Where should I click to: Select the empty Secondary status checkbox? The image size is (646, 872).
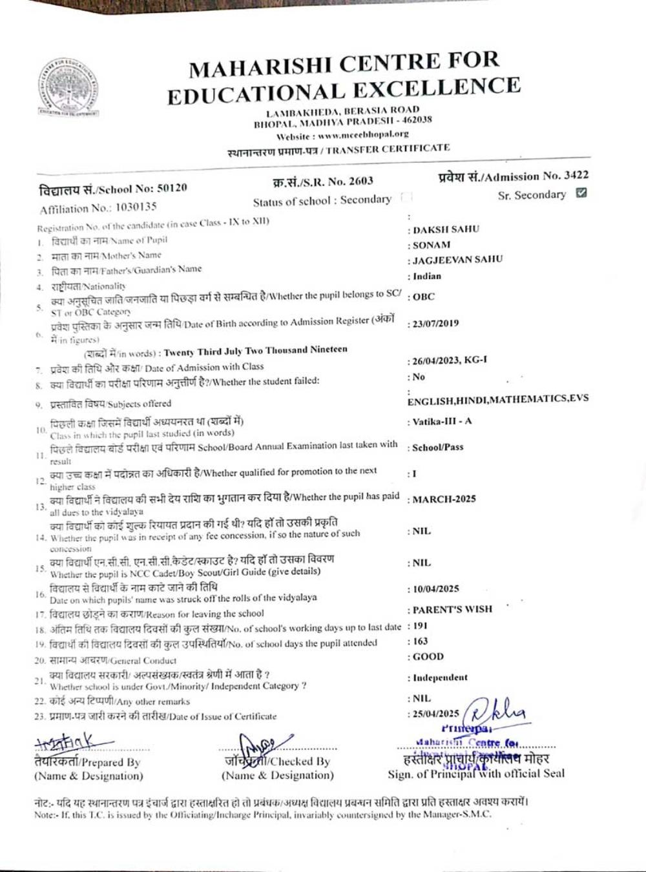(x=406, y=198)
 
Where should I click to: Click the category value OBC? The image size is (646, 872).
(x=424, y=297)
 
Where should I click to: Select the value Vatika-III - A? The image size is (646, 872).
(x=443, y=422)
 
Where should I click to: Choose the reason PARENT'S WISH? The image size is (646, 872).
(x=452, y=609)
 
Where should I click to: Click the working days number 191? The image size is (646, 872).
(x=421, y=626)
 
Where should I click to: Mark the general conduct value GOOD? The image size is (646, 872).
(x=428, y=657)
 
